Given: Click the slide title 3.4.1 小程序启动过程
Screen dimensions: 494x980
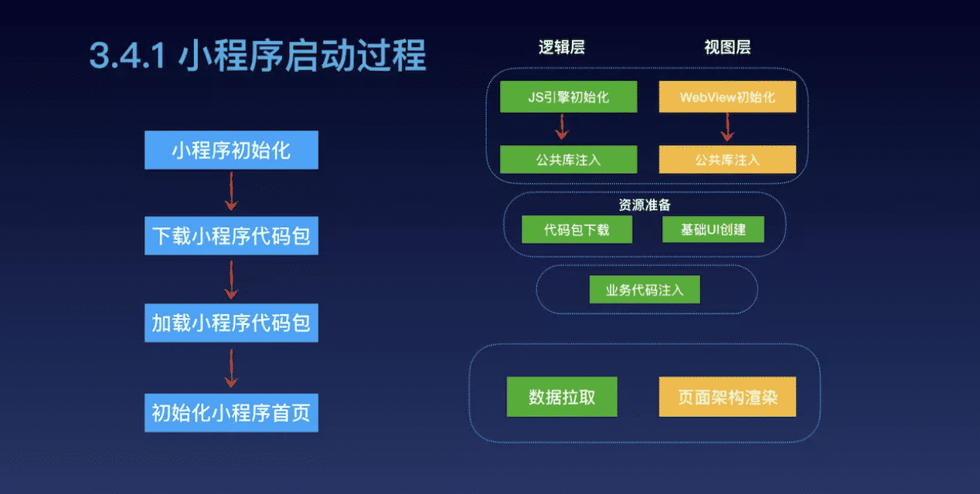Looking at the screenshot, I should tap(257, 56).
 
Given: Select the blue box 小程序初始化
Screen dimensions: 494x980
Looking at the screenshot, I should tap(231, 150).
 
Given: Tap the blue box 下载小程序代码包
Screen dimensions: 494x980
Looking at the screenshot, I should tap(231, 236).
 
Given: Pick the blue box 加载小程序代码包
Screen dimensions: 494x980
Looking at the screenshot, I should tap(231, 323).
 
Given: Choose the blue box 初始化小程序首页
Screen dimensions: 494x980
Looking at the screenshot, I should tap(231, 413).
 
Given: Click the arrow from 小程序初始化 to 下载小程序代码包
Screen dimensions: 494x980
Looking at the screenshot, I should tap(230, 191).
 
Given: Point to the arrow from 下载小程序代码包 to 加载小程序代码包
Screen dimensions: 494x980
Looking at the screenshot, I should tap(230, 279).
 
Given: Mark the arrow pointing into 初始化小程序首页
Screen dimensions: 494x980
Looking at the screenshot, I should tap(230, 367).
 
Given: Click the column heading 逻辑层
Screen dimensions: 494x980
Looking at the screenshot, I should tap(562, 48).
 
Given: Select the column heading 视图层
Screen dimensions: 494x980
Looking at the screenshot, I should tap(727, 48).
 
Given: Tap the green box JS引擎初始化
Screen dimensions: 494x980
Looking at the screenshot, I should tap(568, 97).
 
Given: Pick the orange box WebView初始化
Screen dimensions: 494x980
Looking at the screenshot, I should tap(727, 97).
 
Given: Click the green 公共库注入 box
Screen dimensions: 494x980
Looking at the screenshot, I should tap(568, 160).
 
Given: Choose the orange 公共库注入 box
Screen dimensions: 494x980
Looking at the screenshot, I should tap(727, 160).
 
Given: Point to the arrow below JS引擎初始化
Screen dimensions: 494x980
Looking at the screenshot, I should tap(562, 127).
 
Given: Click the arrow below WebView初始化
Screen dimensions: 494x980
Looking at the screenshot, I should tap(726, 127).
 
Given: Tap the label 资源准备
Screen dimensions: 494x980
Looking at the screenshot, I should tap(645, 206).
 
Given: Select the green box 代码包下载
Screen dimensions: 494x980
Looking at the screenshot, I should tap(577, 230).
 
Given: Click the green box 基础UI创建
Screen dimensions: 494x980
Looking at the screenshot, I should tap(713, 230).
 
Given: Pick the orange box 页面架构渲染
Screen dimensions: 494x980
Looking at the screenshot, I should tap(727, 398).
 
